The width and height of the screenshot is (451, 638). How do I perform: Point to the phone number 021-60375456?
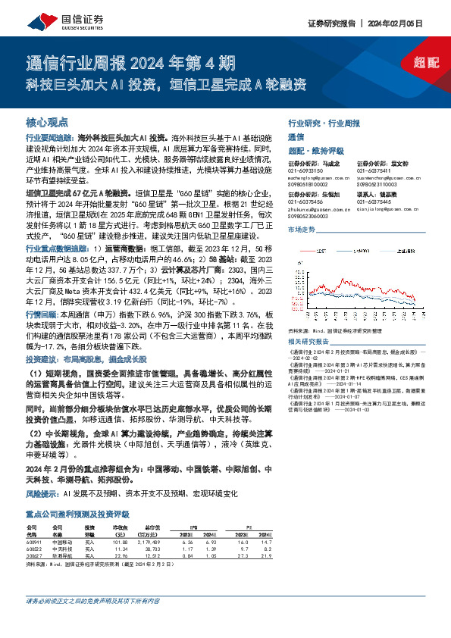(305, 202)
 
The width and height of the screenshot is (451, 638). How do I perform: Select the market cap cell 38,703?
(153, 548)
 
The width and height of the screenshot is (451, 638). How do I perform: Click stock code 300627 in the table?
(35, 555)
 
